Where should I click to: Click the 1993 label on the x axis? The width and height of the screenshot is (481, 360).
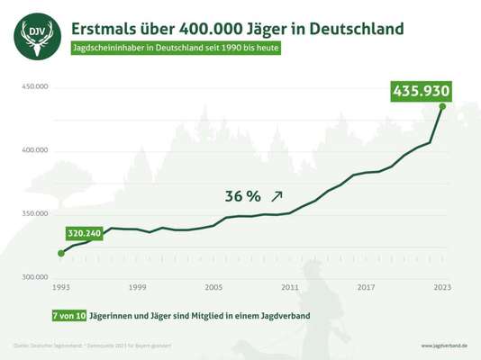60,287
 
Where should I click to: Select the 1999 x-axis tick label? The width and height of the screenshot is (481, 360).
137,287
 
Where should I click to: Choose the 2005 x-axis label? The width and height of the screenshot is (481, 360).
213,287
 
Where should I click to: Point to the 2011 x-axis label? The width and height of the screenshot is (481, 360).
289,287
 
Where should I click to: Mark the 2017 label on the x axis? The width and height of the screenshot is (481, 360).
366,287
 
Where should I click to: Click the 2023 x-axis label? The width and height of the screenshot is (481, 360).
442,287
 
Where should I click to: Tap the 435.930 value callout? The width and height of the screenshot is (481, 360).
420,91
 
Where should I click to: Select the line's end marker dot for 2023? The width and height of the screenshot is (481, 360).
442,106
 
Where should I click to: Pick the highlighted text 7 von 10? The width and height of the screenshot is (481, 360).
69,315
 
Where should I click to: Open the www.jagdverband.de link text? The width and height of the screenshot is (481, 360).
445,346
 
